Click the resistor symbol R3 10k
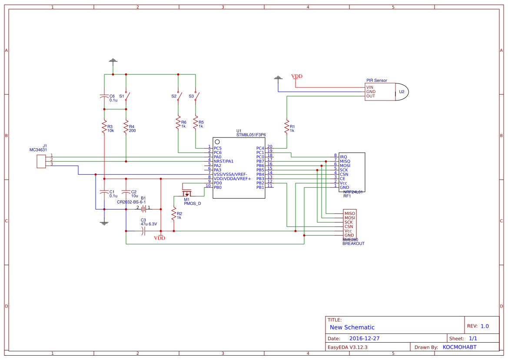104,127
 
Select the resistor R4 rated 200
126,127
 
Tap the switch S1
126,96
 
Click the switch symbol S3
196,96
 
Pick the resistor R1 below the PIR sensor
287,127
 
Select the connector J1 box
41,161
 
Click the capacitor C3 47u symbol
143,231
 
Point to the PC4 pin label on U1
260,148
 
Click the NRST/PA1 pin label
223,161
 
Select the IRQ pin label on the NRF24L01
343,157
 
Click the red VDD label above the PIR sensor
297,77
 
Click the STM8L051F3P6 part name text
251,135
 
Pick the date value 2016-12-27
364,338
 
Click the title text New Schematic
352,327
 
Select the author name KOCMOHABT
459,347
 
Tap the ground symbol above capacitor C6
113,60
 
